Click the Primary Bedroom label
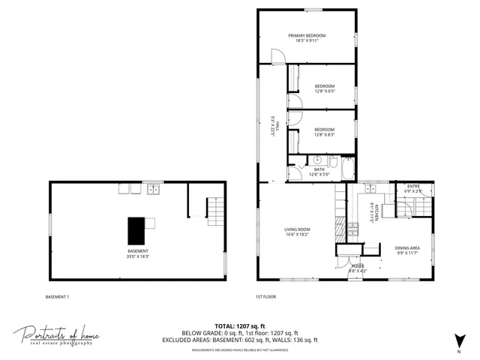306,35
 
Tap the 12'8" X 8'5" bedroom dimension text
325,92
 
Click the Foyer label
358,266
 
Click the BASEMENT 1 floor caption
57,297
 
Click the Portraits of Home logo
56,335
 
